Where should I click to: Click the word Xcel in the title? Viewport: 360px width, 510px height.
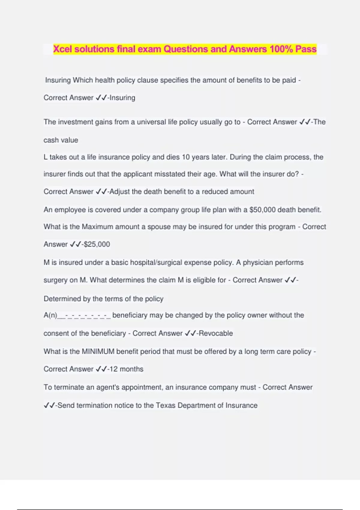(x=63, y=49)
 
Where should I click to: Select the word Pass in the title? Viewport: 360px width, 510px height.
(x=306, y=49)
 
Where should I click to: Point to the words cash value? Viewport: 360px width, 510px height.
(x=61, y=140)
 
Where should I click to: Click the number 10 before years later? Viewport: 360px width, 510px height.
(x=186, y=157)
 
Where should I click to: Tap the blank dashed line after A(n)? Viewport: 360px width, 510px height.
(x=84, y=316)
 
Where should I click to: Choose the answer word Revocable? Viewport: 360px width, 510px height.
(x=216, y=333)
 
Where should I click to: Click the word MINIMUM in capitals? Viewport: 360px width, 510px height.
(x=98, y=352)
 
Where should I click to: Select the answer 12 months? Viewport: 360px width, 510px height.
(x=126, y=369)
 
